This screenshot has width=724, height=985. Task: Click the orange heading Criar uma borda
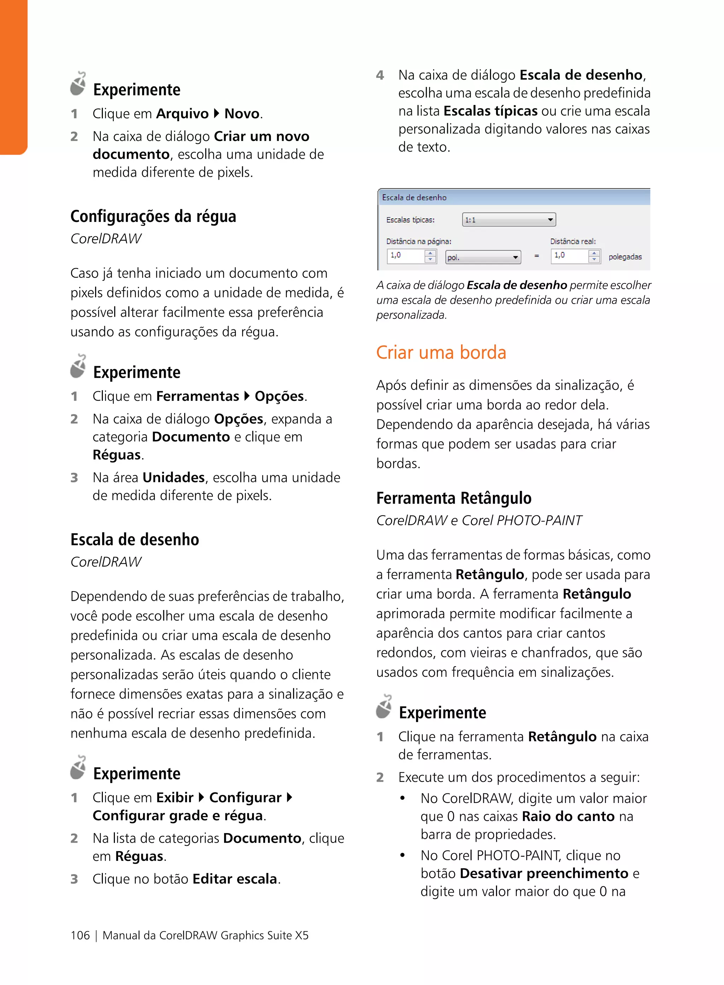441,353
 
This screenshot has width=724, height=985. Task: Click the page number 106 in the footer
80,935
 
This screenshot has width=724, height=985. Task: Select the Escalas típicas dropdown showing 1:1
508,219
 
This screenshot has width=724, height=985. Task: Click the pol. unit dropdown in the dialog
483,257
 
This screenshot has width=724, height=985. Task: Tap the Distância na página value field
406,256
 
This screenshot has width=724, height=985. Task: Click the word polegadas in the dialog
625,257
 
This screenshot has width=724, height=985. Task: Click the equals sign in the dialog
536,256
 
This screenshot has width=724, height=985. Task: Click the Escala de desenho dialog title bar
513,198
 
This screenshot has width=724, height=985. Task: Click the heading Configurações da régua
153,216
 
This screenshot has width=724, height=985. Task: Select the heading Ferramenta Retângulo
454,498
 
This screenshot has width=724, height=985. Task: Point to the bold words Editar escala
234,879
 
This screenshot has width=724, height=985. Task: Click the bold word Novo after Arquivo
242,114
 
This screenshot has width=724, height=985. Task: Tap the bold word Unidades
174,477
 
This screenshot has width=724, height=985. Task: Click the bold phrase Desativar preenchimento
544,873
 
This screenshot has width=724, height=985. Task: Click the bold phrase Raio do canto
568,816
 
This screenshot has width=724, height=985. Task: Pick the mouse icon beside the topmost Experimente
78,84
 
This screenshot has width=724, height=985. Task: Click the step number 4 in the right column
380,75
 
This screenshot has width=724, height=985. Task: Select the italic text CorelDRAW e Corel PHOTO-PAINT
479,521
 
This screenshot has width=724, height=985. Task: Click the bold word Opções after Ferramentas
279,397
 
